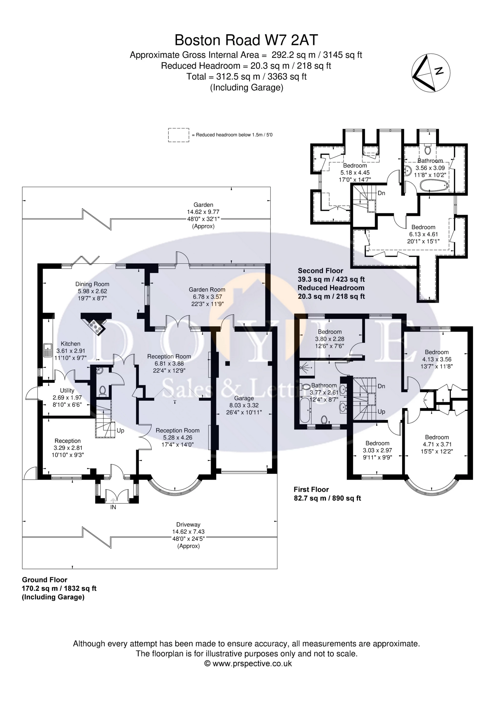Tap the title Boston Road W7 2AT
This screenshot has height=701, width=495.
point(246,40)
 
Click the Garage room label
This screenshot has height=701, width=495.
point(244,398)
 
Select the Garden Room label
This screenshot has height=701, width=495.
point(207,289)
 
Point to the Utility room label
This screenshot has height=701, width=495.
point(67,391)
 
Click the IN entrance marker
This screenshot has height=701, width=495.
point(113,507)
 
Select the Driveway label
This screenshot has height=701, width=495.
point(188,525)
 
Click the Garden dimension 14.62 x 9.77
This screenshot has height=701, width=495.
point(203,212)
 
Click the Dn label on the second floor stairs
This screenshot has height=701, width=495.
point(382,193)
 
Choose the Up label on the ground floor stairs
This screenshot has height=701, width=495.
point(121,430)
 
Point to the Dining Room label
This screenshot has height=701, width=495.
point(92,284)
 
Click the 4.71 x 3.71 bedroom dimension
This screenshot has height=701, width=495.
point(437,444)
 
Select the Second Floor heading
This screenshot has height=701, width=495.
point(320,271)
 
